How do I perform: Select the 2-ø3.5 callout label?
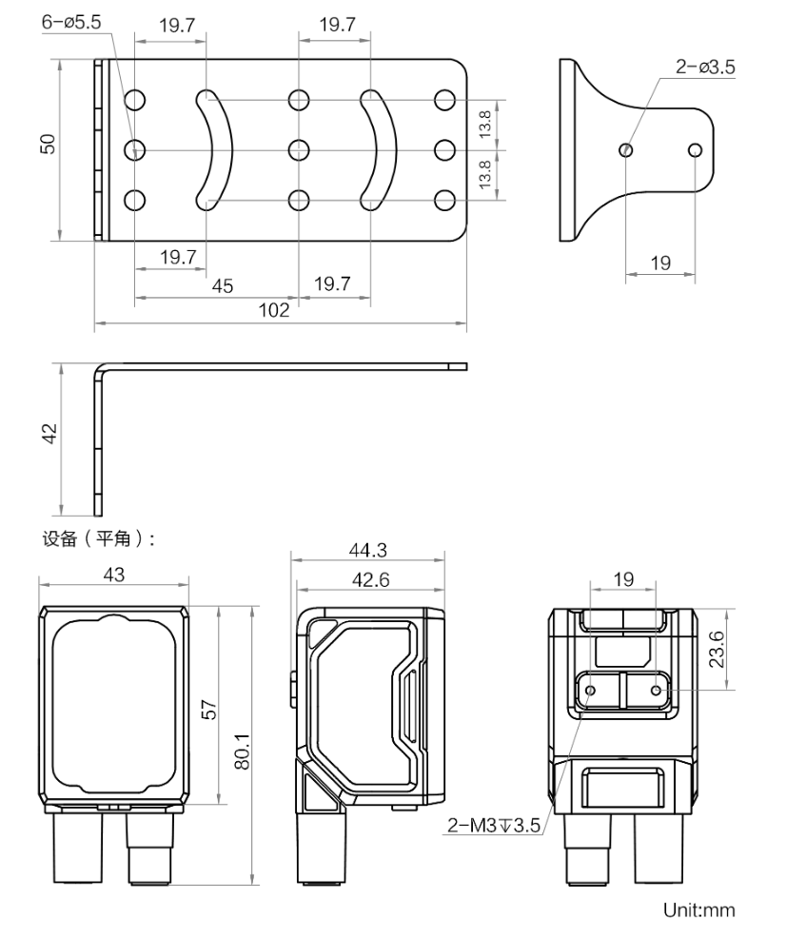point(705,68)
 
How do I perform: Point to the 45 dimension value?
point(221,285)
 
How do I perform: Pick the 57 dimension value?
point(209,709)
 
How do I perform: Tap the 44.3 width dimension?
point(368,551)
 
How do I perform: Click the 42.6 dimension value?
point(368,578)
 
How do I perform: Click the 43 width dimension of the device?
point(113,575)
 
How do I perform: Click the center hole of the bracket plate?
point(299,149)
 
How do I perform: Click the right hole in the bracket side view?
point(696,149)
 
